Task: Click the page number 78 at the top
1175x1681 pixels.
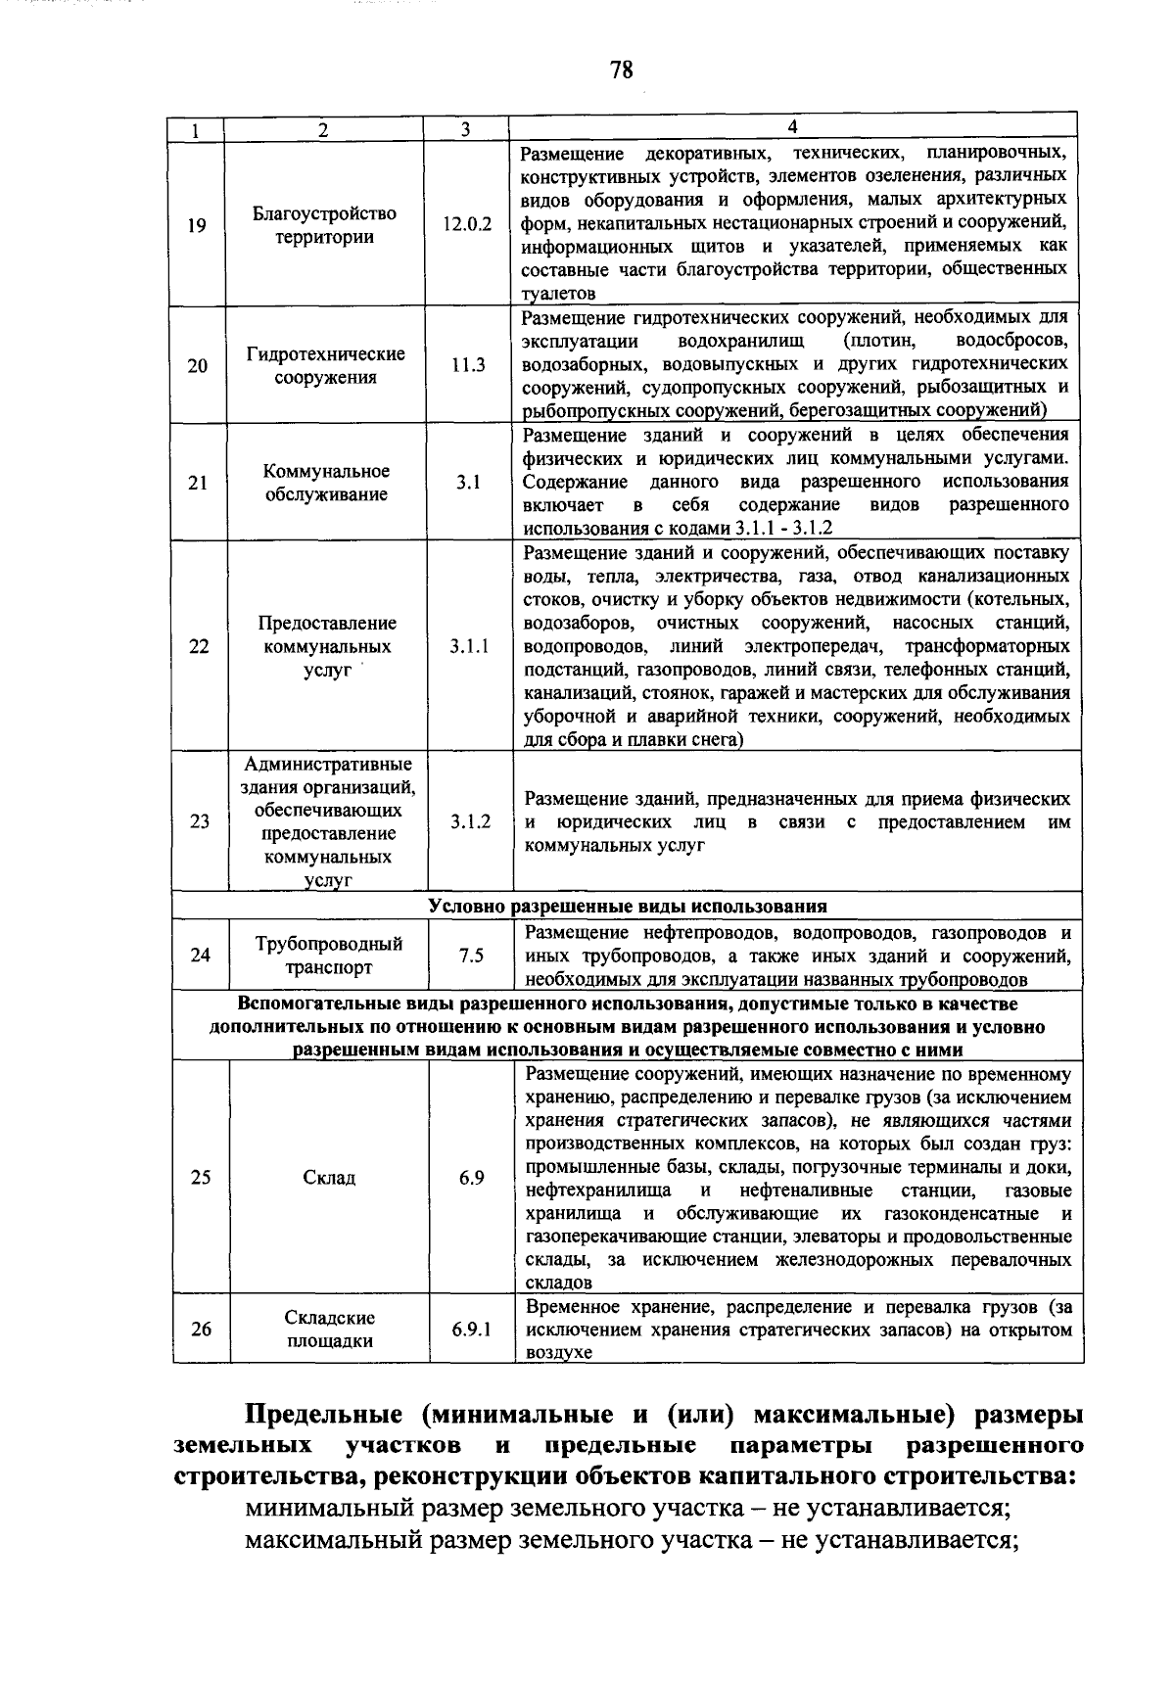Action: click(621, 70)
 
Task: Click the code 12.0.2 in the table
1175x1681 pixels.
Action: click(467, 224)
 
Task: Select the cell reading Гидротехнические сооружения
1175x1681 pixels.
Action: click(325, 365)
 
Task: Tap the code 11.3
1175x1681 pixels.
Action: click(468, 365)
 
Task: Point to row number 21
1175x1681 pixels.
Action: click(198, 483)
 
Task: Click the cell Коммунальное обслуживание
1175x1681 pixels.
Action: click(326, 483)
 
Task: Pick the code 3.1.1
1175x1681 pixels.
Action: click(470, 646)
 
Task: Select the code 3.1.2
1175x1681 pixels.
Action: click(471, 821)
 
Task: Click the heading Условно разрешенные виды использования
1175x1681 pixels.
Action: click(628, 906)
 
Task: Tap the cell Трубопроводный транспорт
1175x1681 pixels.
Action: click(329, 956)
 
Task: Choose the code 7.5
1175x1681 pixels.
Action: click(471, 956)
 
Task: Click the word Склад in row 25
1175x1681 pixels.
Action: click(329, 1177)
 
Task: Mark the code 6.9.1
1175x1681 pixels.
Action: click(472, 1330)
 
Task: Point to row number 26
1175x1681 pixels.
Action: click(201, 1330)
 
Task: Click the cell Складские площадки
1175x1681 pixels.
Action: click(329, 1330)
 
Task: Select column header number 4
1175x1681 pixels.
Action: click(793, 126)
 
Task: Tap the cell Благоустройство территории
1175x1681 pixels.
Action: click(324, 224)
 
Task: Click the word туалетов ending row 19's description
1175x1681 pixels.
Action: click(559, 294)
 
